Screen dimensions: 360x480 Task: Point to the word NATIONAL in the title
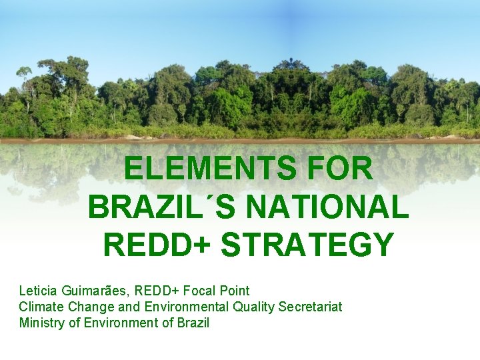(327, 207)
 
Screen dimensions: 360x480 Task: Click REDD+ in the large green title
(157, 245)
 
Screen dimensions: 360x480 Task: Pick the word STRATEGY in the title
(307, 245)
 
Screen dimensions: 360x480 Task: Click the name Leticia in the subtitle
(38, 291)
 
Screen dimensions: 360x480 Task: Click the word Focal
(203, 291)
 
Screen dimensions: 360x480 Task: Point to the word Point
(236, 291)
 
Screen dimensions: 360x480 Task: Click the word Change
(87, 307)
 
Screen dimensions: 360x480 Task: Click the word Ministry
(41, 323)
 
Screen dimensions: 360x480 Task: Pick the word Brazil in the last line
(193, 323)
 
